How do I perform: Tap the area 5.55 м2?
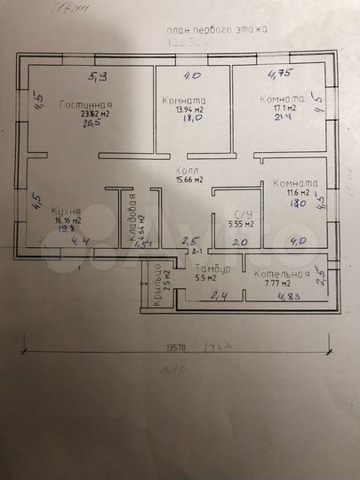click(x=240, y=224)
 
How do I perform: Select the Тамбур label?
click(x=212, y=268)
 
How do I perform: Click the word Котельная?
click(x=281, y=274)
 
